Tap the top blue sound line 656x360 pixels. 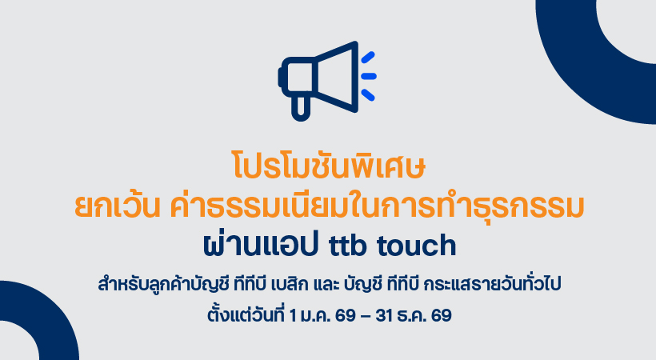368,58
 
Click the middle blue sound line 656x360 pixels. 369,76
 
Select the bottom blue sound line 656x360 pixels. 368,95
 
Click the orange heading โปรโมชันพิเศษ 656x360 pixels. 329,166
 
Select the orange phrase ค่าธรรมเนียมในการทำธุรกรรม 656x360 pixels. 377,205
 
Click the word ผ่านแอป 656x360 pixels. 260,244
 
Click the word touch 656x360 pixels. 417,245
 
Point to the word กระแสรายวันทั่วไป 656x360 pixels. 493,284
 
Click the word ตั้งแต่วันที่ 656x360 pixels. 245,314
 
